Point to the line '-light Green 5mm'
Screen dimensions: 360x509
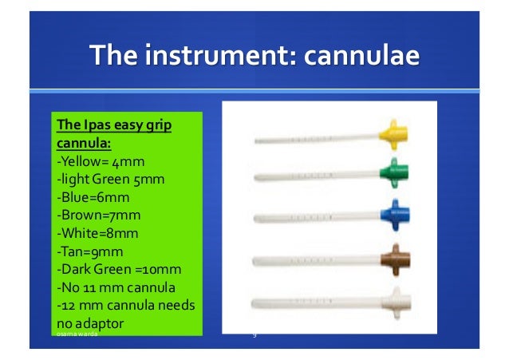point(110,180)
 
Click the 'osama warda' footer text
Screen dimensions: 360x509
point(77,335)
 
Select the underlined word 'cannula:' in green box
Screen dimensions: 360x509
point(83,144)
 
